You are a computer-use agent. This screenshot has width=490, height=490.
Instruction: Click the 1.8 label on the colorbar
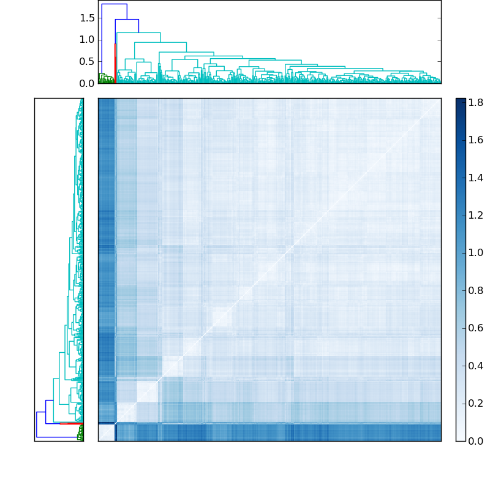476,102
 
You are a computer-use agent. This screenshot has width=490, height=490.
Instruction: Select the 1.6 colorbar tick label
476,140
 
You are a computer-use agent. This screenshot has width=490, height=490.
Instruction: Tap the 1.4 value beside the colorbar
476,178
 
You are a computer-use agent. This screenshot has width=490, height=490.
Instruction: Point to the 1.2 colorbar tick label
476,215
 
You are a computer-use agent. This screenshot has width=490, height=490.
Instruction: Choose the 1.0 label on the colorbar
476,252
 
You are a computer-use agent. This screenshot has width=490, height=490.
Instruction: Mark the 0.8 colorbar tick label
476,290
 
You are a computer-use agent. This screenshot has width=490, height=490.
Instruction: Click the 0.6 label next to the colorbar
476,328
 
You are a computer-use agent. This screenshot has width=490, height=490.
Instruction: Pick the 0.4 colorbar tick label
476,366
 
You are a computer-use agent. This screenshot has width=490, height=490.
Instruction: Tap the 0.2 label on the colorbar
476,403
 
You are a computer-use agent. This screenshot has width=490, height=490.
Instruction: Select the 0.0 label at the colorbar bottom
476,440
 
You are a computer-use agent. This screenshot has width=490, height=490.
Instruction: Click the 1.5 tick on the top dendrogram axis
87,18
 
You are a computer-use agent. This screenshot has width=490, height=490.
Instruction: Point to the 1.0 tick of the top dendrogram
87,40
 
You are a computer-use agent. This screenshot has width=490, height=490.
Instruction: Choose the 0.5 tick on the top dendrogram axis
87,61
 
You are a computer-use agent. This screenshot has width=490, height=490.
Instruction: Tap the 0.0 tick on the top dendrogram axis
87,83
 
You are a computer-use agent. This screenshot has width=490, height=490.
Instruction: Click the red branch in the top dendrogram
115,61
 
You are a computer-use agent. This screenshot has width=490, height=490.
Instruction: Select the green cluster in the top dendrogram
105,79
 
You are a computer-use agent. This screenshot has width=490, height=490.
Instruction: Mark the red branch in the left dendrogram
70,423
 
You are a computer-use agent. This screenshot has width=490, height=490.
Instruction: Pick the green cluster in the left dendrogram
80,433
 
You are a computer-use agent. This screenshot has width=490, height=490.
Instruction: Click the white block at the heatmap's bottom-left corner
106,432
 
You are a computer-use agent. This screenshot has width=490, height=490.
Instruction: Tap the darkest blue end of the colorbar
461,102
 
